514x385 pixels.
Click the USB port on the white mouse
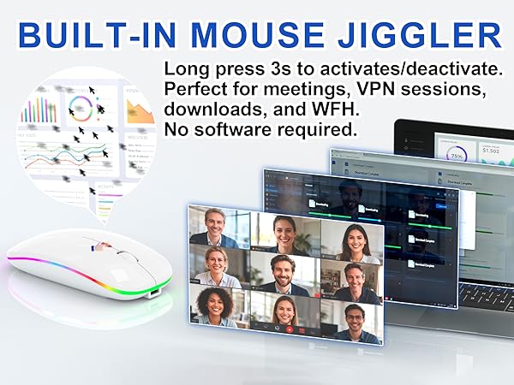click(152, 271)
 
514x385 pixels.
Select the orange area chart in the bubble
click(140, 109)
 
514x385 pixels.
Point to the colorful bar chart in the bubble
click(37, 109)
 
